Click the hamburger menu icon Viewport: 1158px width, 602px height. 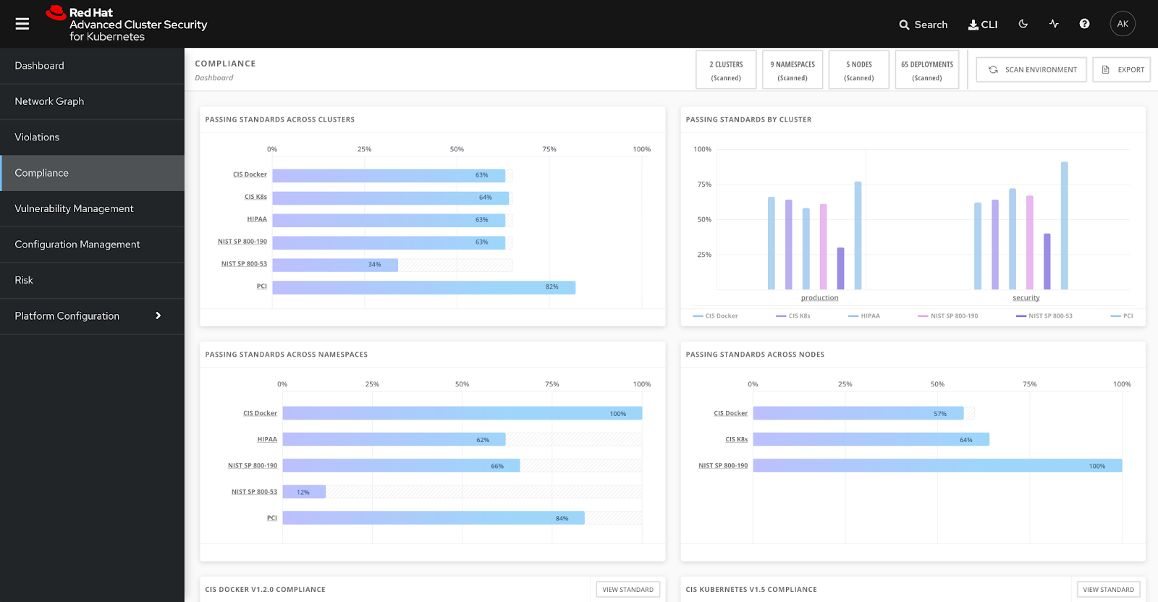(22, 24)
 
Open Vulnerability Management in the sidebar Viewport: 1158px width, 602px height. (74, 208)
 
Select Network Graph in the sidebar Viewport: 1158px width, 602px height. (49, 101)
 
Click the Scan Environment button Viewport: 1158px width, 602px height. (1031, 69)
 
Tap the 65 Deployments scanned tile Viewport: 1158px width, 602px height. (926, 70)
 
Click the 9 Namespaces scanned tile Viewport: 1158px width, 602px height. (793, 70)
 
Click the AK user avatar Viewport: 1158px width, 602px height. (1123, 24)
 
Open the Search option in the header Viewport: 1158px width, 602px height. (924, 25)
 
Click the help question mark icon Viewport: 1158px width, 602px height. (1084, 24)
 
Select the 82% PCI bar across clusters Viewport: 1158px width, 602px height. (423, 287)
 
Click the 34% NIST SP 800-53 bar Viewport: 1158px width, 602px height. (335, 265)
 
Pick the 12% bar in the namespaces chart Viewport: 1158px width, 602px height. (304, 492)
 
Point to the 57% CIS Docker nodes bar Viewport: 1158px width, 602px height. (858, 413)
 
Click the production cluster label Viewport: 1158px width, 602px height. (819, 298)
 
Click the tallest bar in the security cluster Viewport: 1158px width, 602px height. (1064, 226)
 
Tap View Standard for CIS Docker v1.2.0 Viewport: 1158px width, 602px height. (627, 590)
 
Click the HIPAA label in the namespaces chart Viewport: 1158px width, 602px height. (267, 440)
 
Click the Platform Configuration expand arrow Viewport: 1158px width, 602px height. (158, 315)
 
